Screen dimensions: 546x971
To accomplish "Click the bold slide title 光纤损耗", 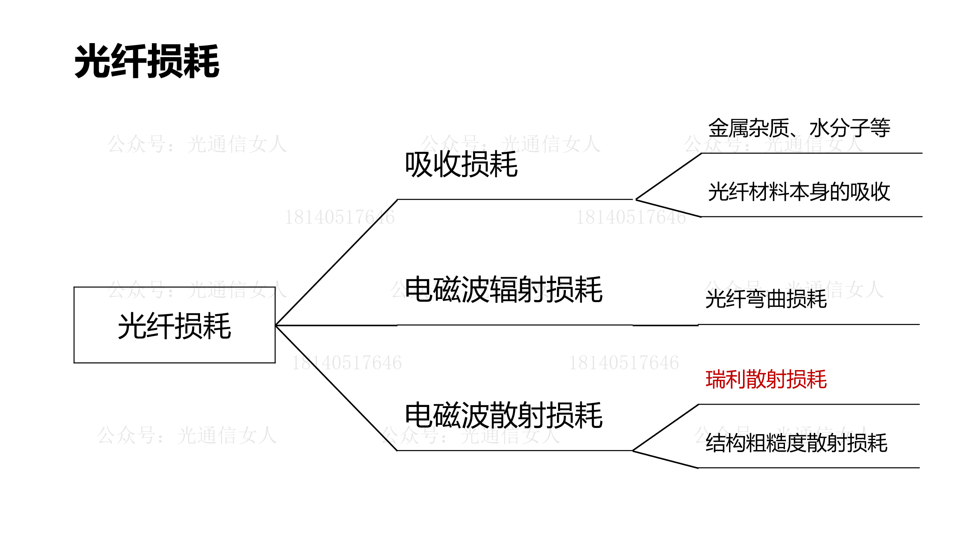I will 147,61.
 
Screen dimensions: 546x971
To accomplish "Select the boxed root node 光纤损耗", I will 174,325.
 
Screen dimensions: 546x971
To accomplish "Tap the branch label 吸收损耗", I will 461,165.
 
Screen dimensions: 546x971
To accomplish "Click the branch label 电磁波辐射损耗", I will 503,290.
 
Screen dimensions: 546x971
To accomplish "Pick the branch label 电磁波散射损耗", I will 503,416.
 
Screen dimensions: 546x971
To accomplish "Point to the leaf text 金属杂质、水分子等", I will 799,128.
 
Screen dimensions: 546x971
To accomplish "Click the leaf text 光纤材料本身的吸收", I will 799,192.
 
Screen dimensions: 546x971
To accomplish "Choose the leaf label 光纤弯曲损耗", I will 766,299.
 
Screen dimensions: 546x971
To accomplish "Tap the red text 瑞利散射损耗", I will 766,379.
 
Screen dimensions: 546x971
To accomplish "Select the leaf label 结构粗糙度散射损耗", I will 796,443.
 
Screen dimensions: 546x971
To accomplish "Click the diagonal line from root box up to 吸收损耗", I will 336,263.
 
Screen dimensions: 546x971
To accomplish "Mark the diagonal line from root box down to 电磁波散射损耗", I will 336,388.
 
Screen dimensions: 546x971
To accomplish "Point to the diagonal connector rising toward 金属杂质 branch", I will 668,176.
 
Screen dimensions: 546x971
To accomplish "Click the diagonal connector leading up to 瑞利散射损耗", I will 666,428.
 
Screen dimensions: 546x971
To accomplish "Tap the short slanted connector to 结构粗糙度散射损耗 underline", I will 666,459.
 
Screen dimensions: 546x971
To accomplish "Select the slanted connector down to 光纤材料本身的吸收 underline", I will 668,208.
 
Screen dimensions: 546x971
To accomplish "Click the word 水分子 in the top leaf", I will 839,128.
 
